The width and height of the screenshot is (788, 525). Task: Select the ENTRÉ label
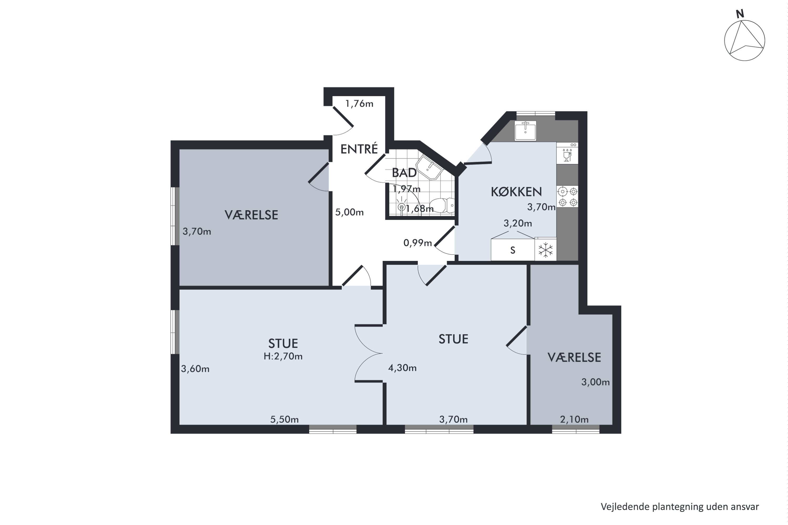359,149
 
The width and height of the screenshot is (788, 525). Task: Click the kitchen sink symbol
525,130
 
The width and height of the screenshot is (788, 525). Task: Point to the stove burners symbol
568,197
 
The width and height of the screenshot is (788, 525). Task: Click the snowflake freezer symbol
546,250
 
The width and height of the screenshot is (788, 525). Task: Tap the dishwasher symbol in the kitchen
567,153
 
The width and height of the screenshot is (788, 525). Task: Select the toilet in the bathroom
442,205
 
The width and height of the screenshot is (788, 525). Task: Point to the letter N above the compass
740,14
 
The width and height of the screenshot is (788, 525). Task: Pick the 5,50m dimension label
284,419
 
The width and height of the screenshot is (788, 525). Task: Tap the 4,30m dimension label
402,368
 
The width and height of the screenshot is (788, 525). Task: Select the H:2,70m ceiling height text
283,356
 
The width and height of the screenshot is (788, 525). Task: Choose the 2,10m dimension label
574,419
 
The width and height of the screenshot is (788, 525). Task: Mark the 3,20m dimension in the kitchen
518,223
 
